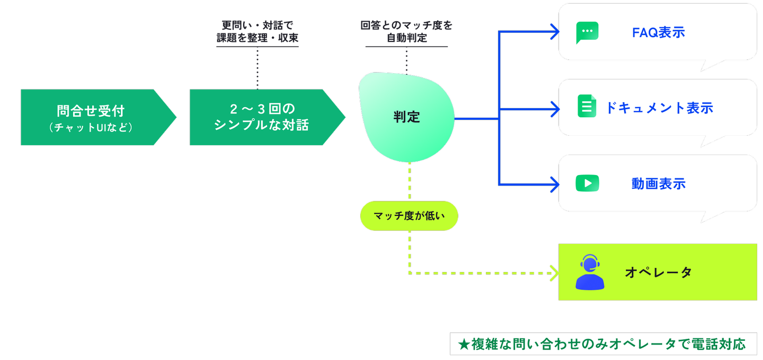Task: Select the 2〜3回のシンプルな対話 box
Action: [x=262, y=117]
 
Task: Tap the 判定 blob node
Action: [x=407, y=117]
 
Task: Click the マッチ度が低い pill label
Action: [x=409, y=216]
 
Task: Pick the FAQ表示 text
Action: [x=659, y=32]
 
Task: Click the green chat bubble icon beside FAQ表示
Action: [x=587, y=32]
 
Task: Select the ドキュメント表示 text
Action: [x=659, y=108]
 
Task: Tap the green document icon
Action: [x=587, y=106]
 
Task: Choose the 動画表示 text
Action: [x=659, y=184]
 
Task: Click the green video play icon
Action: [x=587, y=183]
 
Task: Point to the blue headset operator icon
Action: [x=590, y=273]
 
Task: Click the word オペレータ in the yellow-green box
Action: [x=659, y=273]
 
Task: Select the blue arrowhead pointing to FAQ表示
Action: [x=555, y=32]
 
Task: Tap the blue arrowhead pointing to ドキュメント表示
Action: [x=555, y=109]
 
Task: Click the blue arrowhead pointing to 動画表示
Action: [x=555, y=185]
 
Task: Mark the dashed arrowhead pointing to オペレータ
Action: [x=555, y=273]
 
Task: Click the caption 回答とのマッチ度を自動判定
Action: [x=406, y=31]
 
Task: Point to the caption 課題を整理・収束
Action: [x=258, y=38]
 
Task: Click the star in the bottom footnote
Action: [x=464, y=345]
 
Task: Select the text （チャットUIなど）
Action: [x=90, y=128]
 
